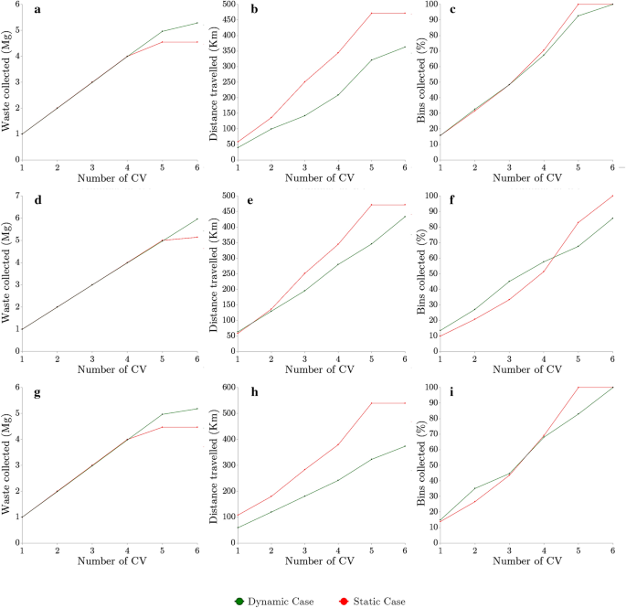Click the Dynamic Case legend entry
(x=274, y=601)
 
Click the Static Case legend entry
(x=369, y=601)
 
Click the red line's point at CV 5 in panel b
(x=371, y=14)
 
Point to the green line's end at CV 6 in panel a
(x=196, y=23)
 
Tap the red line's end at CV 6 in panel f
(x=612, y=196)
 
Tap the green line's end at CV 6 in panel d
(x=196, y=219)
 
